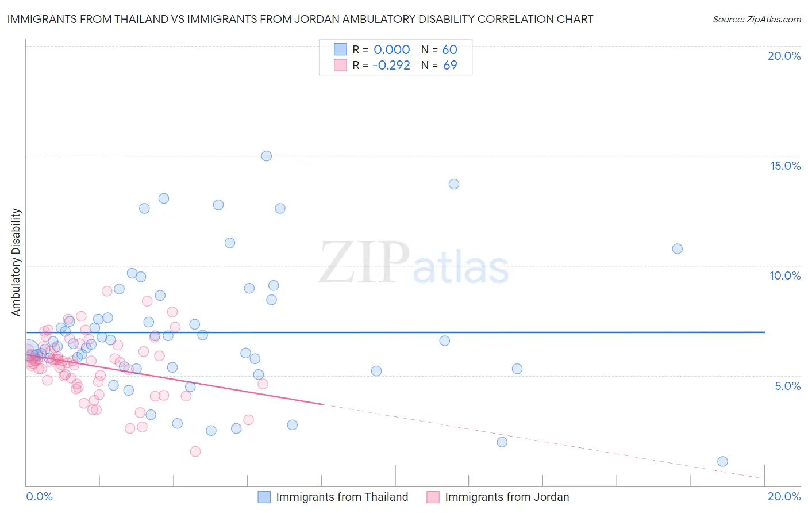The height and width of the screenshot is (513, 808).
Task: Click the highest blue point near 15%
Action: (266, 156)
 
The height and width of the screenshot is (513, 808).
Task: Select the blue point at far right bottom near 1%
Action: (722, 461)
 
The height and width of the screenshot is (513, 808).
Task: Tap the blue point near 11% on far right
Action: (677, 248)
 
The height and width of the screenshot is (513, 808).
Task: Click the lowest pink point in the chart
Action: (195, 451)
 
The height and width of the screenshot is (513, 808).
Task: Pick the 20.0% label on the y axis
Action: (784, 56)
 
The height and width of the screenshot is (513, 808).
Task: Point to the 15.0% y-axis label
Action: (785, 166)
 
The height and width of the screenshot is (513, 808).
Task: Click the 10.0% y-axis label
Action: (785, 275)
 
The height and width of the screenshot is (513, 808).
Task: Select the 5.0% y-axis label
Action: (787, 386)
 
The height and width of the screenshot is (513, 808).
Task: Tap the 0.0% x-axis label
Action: (39, 496)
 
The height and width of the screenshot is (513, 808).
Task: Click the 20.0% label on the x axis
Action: (784, 496)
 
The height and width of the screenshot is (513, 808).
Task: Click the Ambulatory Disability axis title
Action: (16, 262)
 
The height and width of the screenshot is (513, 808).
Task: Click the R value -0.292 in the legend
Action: (391, 66)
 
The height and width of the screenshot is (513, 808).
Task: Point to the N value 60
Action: (449, 50)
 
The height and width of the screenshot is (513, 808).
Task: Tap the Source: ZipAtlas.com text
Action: (756, 19)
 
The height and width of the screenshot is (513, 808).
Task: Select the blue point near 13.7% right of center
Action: (453, 184)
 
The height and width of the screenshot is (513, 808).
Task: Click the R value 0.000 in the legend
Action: (392, 50)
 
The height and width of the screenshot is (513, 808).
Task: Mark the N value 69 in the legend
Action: (450, 66)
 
